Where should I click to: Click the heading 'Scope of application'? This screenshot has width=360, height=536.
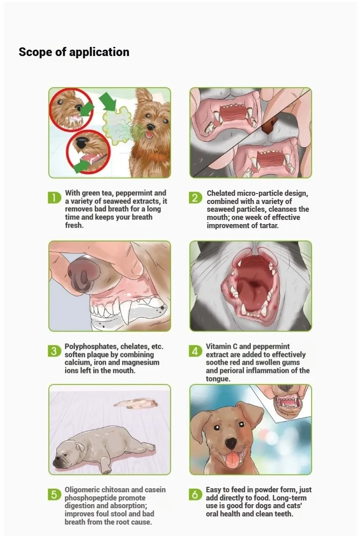click(74, 52)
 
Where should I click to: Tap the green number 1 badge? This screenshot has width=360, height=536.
click(54, 198)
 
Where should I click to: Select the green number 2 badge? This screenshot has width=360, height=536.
click(195, 198)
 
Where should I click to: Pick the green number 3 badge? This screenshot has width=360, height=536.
click(54, 351)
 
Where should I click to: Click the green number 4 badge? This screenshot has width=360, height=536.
click(195, 351)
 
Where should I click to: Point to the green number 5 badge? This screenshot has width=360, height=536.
click(54, 495)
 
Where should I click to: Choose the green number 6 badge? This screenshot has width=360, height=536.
click(195, 495)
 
